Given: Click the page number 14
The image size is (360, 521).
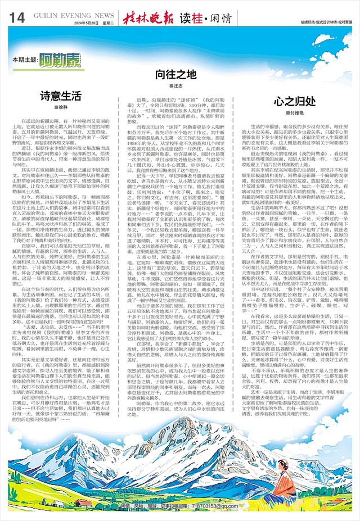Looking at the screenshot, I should (x=13, y=18).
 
